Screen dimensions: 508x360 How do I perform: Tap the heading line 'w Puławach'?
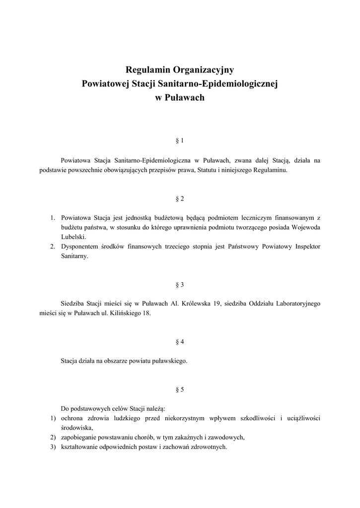(x=180, y=98)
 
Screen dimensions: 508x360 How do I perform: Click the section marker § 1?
(x=180, y=141)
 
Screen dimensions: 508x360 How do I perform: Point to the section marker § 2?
(x=180, y=198)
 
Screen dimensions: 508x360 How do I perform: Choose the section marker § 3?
(x=180, y=285)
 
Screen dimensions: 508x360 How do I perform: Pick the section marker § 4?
(x=180, y=342)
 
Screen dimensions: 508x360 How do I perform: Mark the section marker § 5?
(x=180, y=389)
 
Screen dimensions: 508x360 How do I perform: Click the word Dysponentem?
(x=80, y=247)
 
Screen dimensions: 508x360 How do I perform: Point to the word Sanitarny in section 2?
(x=73, y=256)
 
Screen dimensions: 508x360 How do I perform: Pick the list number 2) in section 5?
(x=53, y=437)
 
